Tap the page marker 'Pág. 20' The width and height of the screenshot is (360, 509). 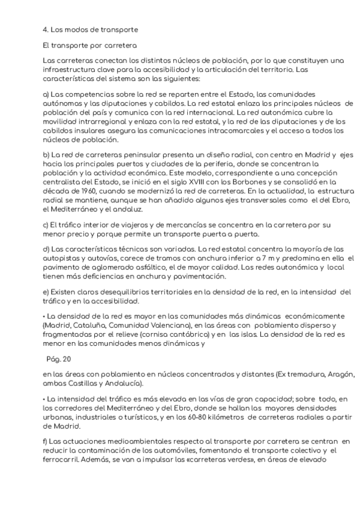(x=58, y=360)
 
